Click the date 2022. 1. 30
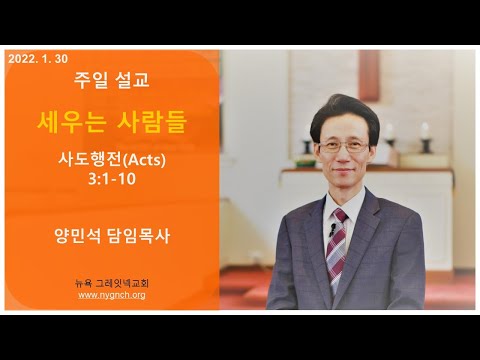pyautogui.click(x=38, y=59)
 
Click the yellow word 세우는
pyautogui.click(x=71, y=122)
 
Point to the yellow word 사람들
pyautogui.click(x=152, y=122)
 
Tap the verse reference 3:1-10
pyautogui.click(x=112, y=179)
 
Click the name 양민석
pyautogui.click(x=77, y=236)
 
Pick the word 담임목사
pyautogui.click(x=139, y=236)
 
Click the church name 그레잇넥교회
pyautogui.click(x=122, y=283)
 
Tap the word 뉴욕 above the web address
pyautogui.click(x=83, y=283)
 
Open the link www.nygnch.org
pyautogui.click(x=112, y=295)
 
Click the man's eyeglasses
pyautogui.click(x=344, y=147)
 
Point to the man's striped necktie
pyautogui.click(x=337, y=246)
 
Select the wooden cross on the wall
pyautogui.click(x=369, y=75)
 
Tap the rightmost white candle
pyautogui.click(x=425, y=130)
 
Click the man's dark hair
pyautogui.click(x=344, y=114)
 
